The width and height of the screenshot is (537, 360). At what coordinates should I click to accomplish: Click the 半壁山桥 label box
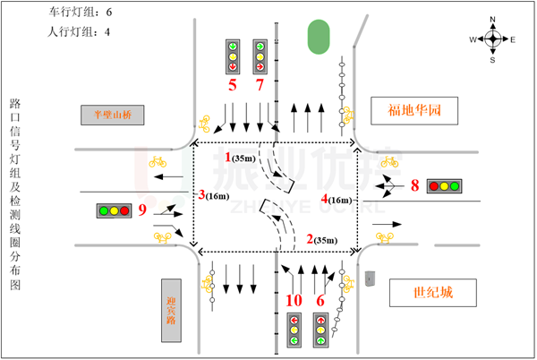[112, 115]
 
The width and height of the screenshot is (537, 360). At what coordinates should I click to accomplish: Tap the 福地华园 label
[414, 110]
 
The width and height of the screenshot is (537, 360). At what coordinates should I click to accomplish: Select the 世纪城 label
[432, 293]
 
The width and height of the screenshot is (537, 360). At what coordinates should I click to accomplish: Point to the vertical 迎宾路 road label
[171, 310]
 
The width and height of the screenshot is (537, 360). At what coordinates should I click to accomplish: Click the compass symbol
[492, 39]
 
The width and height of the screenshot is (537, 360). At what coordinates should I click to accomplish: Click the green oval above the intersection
[319, 37]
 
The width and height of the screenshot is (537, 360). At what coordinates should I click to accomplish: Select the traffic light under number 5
[233, 56]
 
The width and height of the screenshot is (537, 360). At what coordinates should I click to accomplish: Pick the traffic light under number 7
[260, 56]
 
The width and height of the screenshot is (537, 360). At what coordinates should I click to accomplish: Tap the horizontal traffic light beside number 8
[444, 186]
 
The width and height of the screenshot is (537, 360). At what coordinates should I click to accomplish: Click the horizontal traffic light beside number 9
[114, 210]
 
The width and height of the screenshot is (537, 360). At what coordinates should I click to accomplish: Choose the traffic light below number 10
[294, 330]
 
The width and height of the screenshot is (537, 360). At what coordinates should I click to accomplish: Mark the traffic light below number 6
[320, 330]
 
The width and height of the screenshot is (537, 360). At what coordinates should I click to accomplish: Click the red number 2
[310, 239]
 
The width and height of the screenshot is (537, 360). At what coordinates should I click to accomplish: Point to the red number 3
[201, 194]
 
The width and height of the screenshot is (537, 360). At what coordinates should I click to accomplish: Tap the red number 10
[294, 300]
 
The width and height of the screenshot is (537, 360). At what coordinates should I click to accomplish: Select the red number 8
[414, 185]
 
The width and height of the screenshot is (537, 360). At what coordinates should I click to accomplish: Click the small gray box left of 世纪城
[370, 278]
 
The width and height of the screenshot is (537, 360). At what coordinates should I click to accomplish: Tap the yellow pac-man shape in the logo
[166, 206]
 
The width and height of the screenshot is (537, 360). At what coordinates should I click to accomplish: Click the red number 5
[233, 85]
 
